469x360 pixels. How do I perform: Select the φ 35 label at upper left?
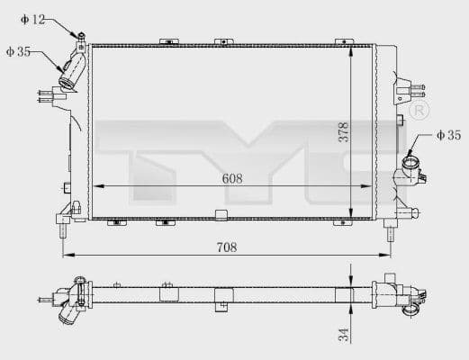[19, 52]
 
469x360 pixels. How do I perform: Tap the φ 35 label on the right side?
[447, 135]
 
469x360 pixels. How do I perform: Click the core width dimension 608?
[232, 179]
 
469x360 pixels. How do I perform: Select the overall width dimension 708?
[227, 247]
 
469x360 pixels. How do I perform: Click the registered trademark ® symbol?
[419, 110]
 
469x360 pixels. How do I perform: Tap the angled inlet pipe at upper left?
[71, 69]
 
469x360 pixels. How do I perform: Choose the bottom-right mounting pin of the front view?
[390, 233]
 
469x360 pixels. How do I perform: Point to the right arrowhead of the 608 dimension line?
[369, 186]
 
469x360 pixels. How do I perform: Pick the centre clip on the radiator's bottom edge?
[221, 215]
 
